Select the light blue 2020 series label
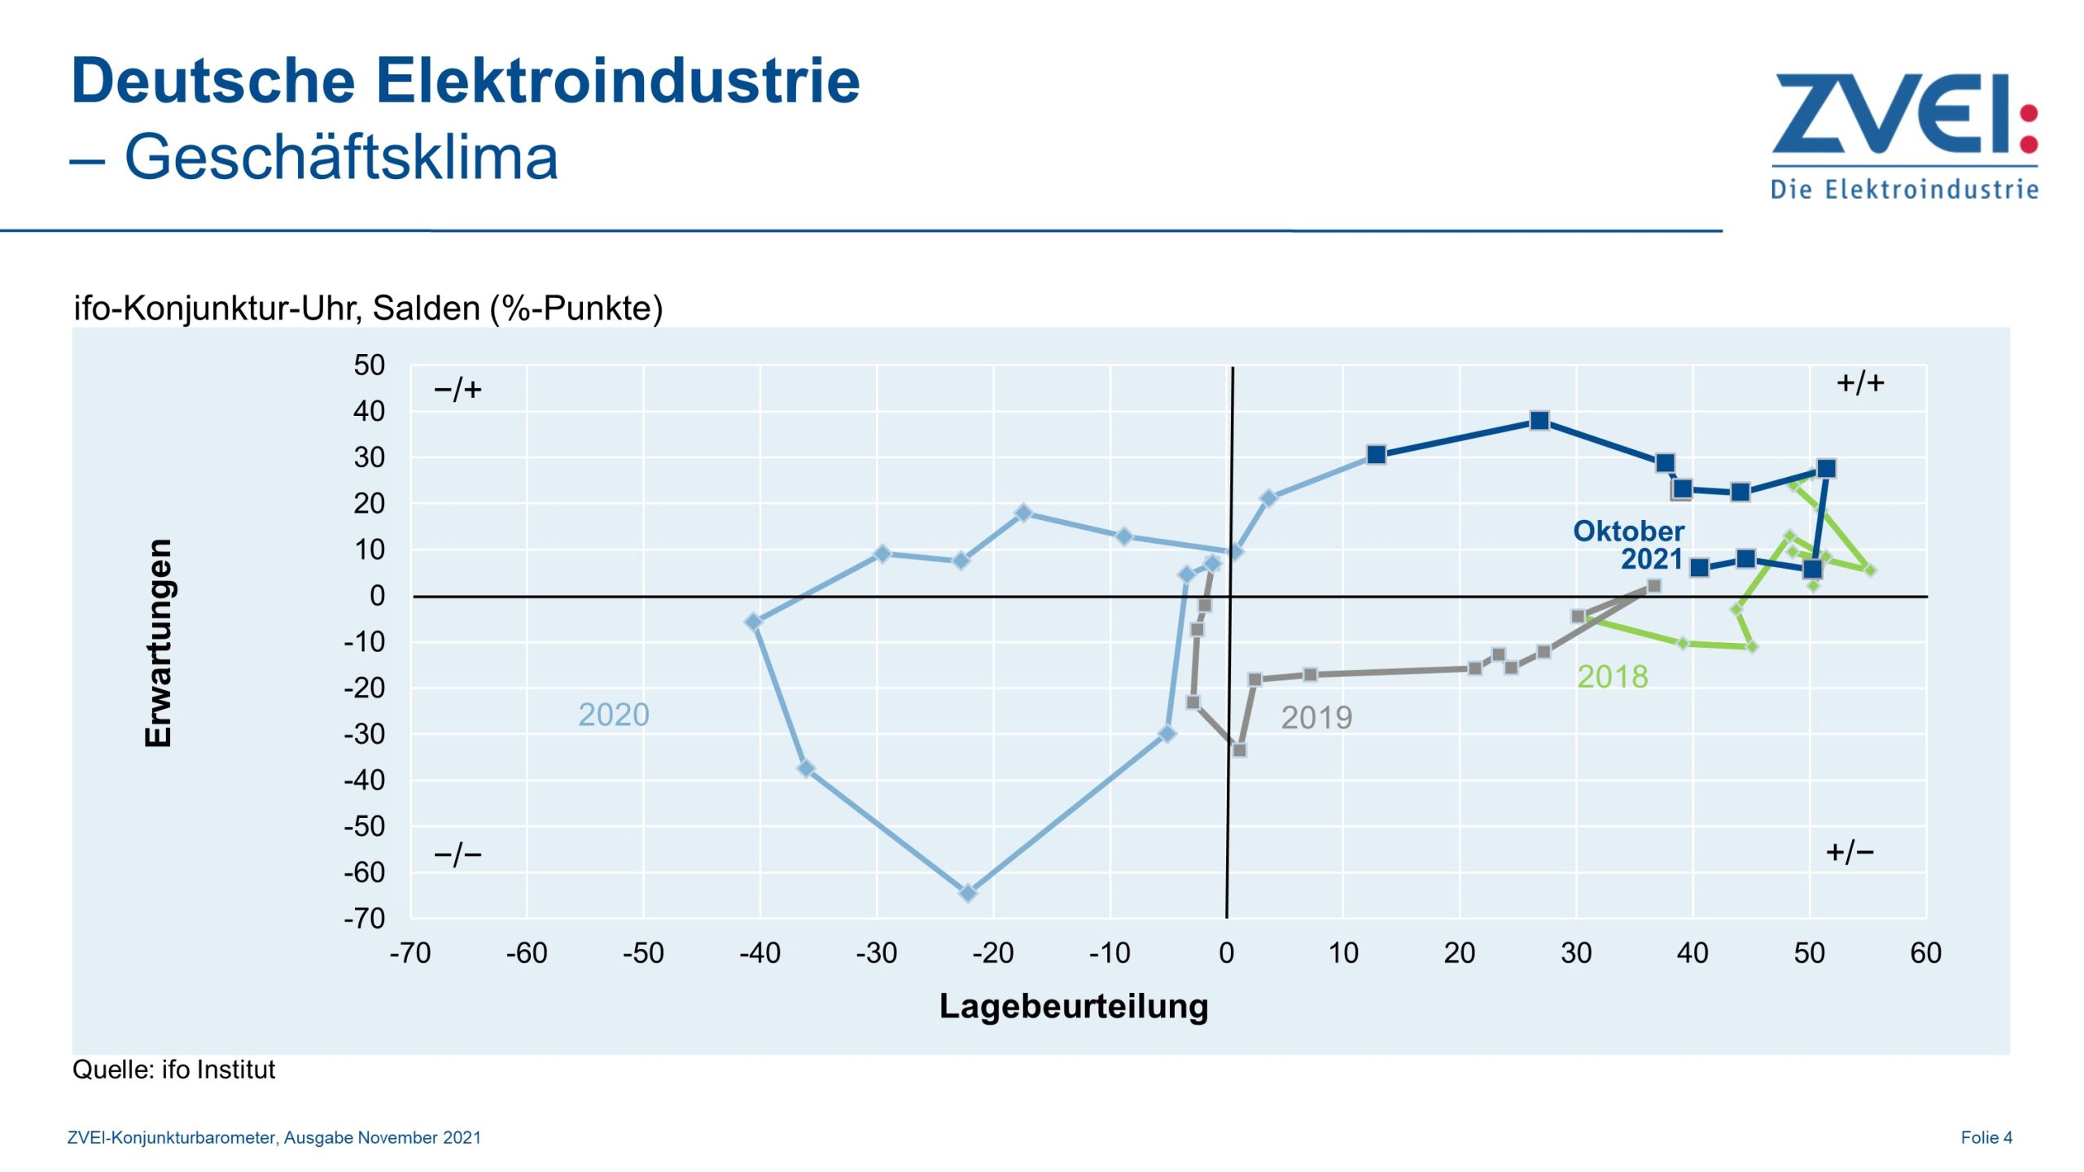pyautogui.click(x=614, y=715)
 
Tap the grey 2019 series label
pyautogui.click(x=1316, y=717)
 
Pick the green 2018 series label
pyautogui.click(x=1612, y=676)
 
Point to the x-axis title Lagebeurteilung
pyautogui.click(x=1074, y=1006)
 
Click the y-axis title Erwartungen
pyautogui.click(x=158, y=642)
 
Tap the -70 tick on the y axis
pyautogui.click(x=364, y=918)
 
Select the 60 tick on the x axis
pyautogui.click(x=1925, y=952)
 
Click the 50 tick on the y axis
pyautogui.click(x=369, y=365)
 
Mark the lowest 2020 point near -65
pyautogui.click(x=968, y=893)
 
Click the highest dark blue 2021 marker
pyautogui.click(x=1539, y=421)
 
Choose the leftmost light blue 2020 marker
pyautogui.click(x=754, y=622)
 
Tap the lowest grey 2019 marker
pyautogui.click(x=1239, y=750)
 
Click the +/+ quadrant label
pyautogui.click(x=1860, y=383)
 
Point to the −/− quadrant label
pyautogui.click(x=458, y=855)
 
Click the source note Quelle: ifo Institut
pyautogui.click(x=173, y=1069)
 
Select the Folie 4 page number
pyautogui.click(x=1986, y=1137)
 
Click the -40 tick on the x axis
pyautogui.click(x=760, y=952)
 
